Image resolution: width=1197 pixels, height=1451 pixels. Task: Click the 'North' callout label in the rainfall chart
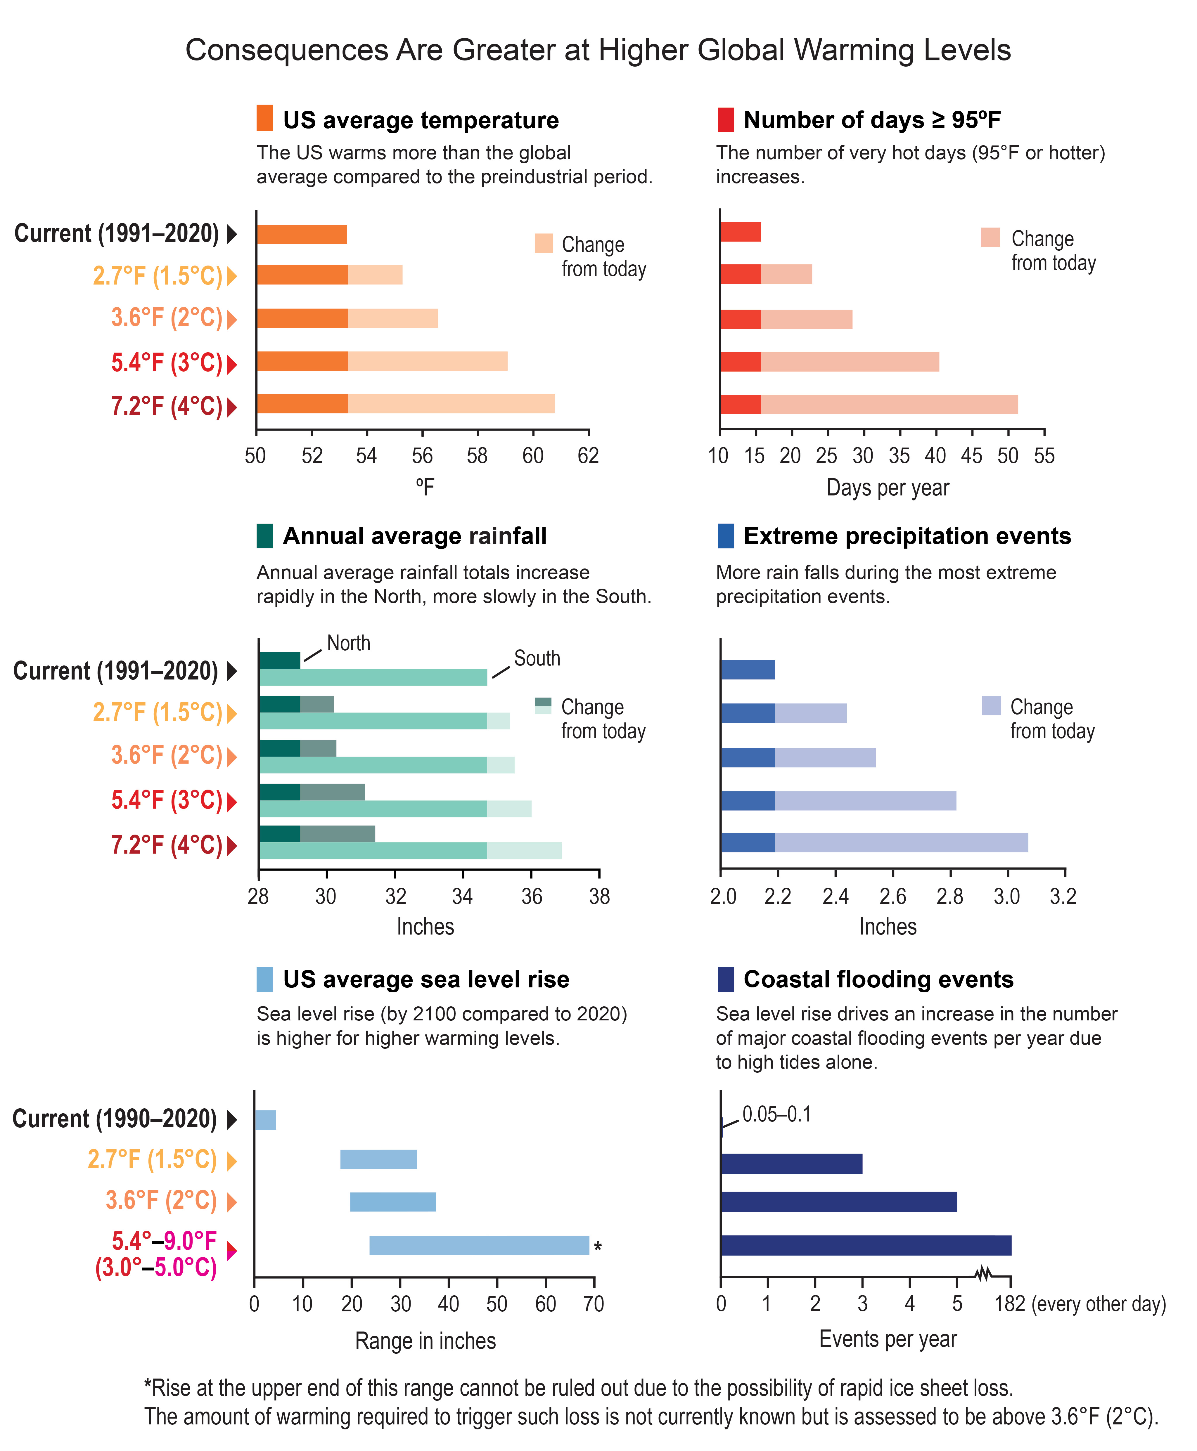click(x=348, y=643)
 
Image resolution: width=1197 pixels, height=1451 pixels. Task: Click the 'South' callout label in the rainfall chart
click(x=537, y=658)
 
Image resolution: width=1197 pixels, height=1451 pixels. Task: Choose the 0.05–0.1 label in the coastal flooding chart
click(x=776, y=1115)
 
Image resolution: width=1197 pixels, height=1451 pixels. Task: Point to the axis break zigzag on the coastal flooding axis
click(x=984, y=1274)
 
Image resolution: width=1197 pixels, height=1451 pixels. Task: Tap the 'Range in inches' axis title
click(x=425, y=1341)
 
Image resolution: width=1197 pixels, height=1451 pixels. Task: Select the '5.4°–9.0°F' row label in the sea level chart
click(x=164, y=1241)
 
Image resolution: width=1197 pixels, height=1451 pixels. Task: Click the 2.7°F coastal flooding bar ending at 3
click(x=791, y=1164)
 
